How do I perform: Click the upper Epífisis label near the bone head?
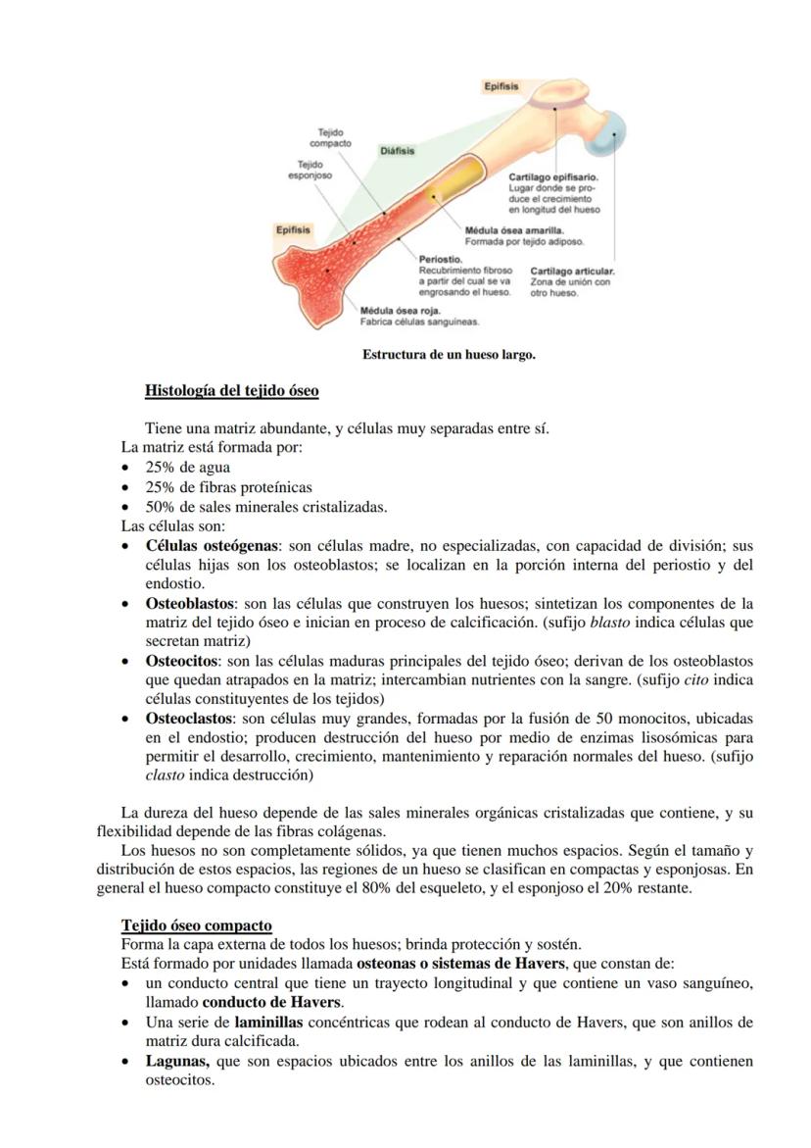501,87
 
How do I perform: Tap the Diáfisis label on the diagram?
397,151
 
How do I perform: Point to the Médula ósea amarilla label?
514,229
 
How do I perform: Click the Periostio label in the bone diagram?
440,259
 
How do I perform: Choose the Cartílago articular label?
572,271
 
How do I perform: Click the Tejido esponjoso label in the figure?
310,170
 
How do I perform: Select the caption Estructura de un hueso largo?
449,354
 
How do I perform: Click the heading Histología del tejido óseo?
231,390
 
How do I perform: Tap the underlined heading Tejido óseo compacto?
196,925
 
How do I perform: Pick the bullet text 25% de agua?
188,468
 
